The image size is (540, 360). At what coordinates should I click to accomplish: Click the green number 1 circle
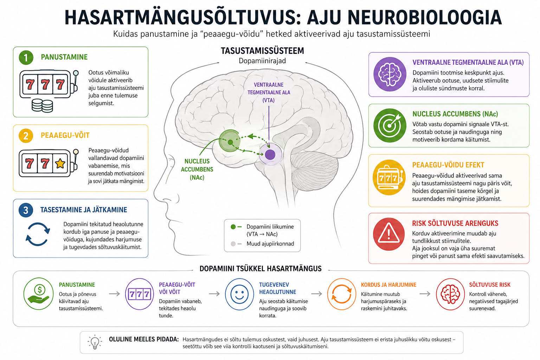tap(26, 58)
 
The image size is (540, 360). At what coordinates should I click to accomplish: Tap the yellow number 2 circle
tap(26, 136)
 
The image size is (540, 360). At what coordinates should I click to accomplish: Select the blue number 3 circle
tap(26, 210)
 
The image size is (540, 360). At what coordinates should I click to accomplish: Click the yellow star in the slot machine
tap(60, 164)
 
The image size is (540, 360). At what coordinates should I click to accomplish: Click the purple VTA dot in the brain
tap(270, 155)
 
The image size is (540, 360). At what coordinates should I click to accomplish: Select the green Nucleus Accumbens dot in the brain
tap(230, 142)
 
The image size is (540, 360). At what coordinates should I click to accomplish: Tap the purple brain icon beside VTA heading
tap(390, 74)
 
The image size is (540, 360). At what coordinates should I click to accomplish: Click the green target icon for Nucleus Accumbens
tap(390, 126)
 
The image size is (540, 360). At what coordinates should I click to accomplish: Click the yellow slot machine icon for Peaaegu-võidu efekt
tap(389, 178)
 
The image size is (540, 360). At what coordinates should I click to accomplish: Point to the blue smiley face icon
tap(239, 294)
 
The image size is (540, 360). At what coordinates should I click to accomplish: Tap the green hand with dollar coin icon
tap(39, 294)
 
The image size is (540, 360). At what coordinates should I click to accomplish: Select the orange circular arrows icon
tap(342, 294)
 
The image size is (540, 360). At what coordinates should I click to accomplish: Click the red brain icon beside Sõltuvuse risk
tap(450, 294)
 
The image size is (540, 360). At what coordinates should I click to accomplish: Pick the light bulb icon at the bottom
tap(95, 342)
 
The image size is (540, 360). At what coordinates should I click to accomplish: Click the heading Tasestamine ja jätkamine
tap(84, 210)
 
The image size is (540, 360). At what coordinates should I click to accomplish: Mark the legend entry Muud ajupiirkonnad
tap(262, 244)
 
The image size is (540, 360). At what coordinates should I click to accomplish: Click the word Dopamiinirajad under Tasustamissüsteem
tap(262, 61)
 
